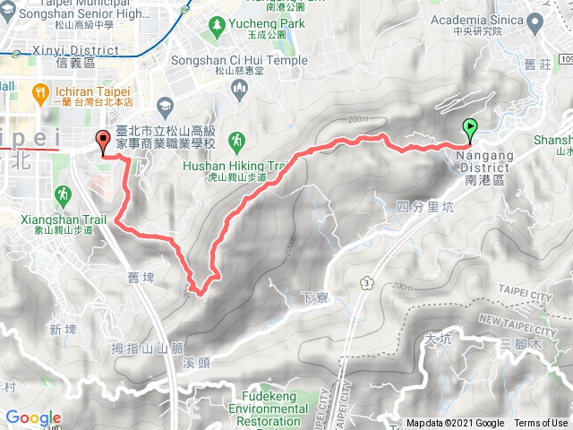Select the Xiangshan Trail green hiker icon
(62, 193)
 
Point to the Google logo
(33, 417)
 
